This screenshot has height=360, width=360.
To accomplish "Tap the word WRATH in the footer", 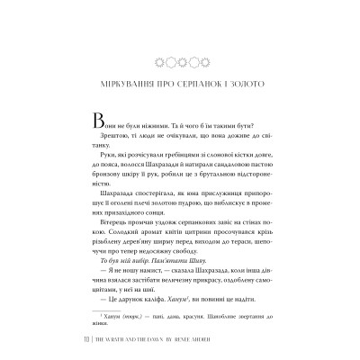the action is pos(114,340).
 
